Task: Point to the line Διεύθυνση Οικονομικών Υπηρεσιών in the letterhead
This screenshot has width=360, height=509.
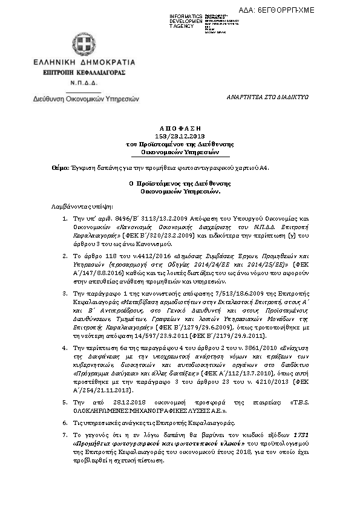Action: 86,97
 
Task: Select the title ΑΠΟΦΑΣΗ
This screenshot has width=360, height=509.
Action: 180,129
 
